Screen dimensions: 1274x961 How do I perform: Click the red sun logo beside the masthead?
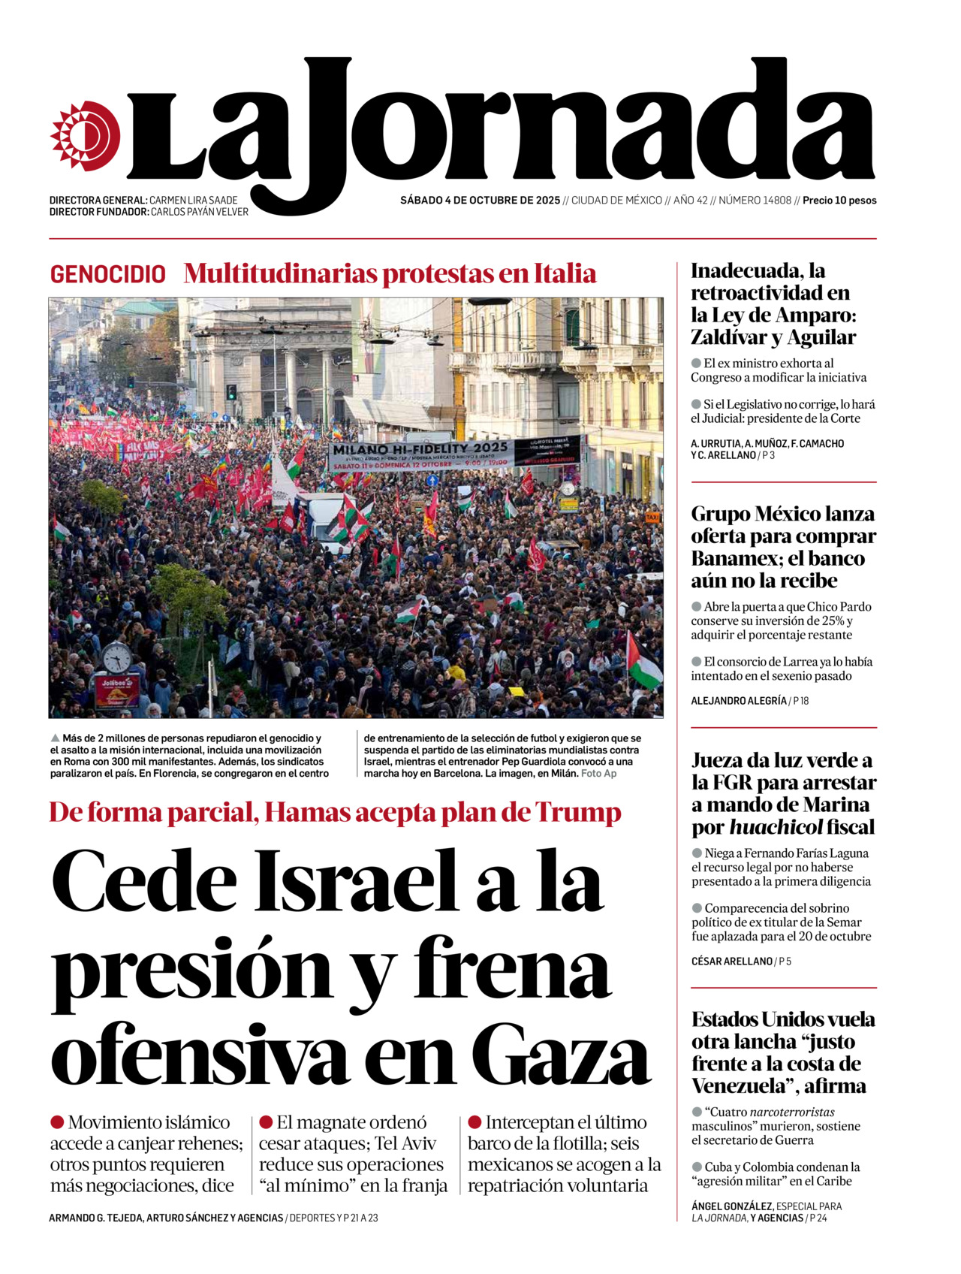(x=85, y=135)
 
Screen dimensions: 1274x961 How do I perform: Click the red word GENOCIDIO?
(x=108, y=274)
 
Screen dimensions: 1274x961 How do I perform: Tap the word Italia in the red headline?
(x=565, y=273)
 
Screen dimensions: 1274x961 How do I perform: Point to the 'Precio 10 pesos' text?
(x=839, y=201)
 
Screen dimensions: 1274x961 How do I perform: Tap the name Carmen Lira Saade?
(x=193, y=201)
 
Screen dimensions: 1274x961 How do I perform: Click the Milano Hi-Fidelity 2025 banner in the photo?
(x=420, y=454)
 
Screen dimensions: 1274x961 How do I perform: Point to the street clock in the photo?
(x=116, y=658)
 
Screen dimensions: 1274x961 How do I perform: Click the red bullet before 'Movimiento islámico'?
(x=57, y=1122)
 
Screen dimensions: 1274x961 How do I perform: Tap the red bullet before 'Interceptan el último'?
(x=474, y=1122)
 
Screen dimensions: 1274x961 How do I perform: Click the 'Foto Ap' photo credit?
(x=598, y=773)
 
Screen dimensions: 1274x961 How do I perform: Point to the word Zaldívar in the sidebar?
(x=731, y=337)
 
